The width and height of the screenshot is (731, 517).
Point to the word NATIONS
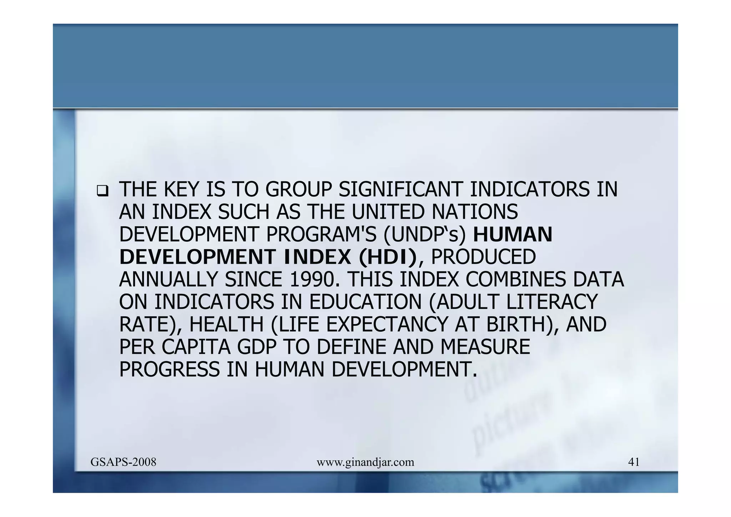tap(475, 212)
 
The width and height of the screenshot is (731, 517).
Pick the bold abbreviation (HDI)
tap(388, 257)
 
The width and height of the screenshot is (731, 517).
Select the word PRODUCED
tap(483, 257)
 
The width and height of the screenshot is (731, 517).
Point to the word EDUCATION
tap(365, 302)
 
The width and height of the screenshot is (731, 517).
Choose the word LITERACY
tap(552, 302)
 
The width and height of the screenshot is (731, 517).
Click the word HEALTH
tap(226, 325)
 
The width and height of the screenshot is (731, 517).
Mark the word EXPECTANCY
tap(387, 325)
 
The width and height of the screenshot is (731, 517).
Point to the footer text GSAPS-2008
tap(123, 462)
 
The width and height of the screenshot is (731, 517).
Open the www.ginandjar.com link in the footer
tap(365, 463)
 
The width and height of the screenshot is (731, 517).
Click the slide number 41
tap(634, 462)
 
